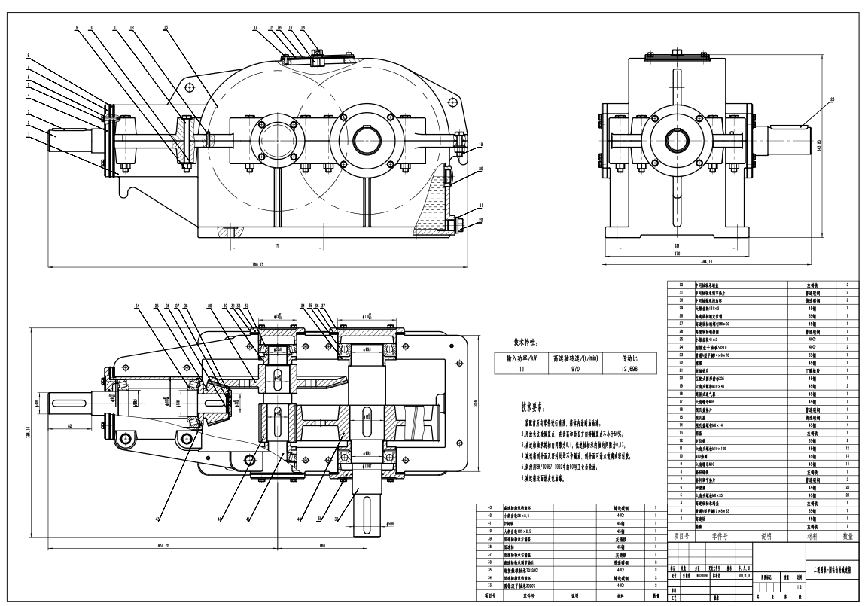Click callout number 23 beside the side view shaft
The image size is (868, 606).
(833, 99)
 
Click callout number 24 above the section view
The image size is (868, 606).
(138, 306)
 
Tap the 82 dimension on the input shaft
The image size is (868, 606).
(69, 427)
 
